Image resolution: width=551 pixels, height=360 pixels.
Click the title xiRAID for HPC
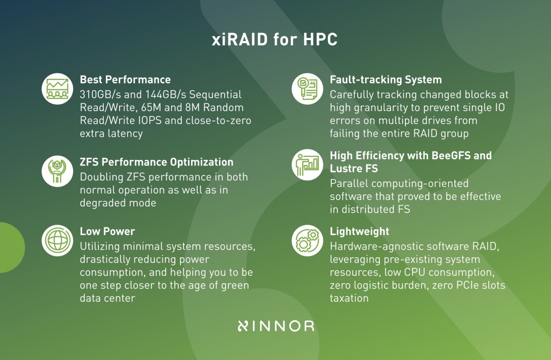click(274, 40)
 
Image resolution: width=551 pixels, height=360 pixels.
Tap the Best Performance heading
click(125, 80)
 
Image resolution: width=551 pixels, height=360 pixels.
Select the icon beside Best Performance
click(57, 89)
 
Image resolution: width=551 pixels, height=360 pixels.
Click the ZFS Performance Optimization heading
click(156, 162)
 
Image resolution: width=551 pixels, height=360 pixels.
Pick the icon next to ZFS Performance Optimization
click(57, 171)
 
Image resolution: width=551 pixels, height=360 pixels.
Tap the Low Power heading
click(107, 231)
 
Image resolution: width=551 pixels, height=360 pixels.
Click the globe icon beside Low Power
click(57, 240)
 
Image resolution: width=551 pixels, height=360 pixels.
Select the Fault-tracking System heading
click(386, 80)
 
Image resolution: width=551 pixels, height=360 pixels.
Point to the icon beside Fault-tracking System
click(307, 89)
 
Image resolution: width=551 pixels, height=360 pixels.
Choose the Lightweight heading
click(360, 231)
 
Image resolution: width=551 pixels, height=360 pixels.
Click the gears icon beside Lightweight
click(307, 240)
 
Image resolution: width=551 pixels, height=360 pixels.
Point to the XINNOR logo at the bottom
click(276, 326)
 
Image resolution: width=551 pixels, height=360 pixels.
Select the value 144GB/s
click(167, 95)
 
